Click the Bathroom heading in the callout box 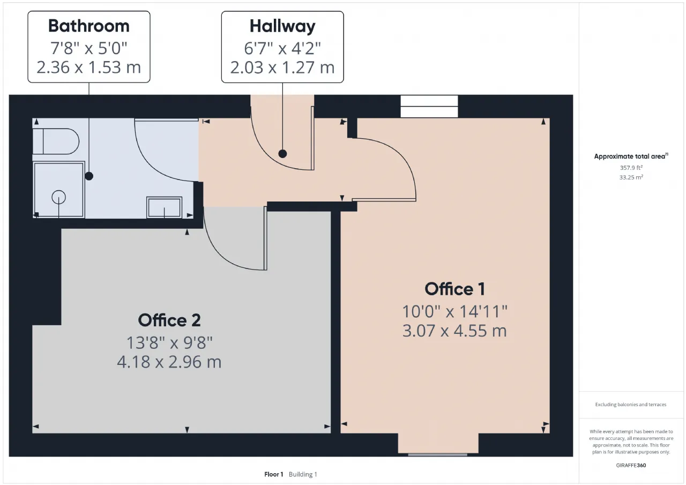(89, 26)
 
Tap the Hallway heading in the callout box (282, 27)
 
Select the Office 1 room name (455, 289)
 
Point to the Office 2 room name (169, 320)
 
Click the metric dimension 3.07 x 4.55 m (454, 331)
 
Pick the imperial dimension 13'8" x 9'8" (169, 342)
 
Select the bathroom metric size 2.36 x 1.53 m (89, 67)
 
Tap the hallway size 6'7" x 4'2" (282, 48)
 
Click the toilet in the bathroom (56, 141)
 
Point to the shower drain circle (58, 197)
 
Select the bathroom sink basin (164, 207)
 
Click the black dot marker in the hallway (282, 154)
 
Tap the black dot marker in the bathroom (89, 176)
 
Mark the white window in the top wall (429, 106)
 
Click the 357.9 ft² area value (631, 168)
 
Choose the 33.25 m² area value (631, 177)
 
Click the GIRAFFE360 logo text (631, 465)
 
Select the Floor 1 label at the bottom (273, 474)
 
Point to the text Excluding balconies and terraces (631, 405)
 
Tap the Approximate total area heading (631, 156)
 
